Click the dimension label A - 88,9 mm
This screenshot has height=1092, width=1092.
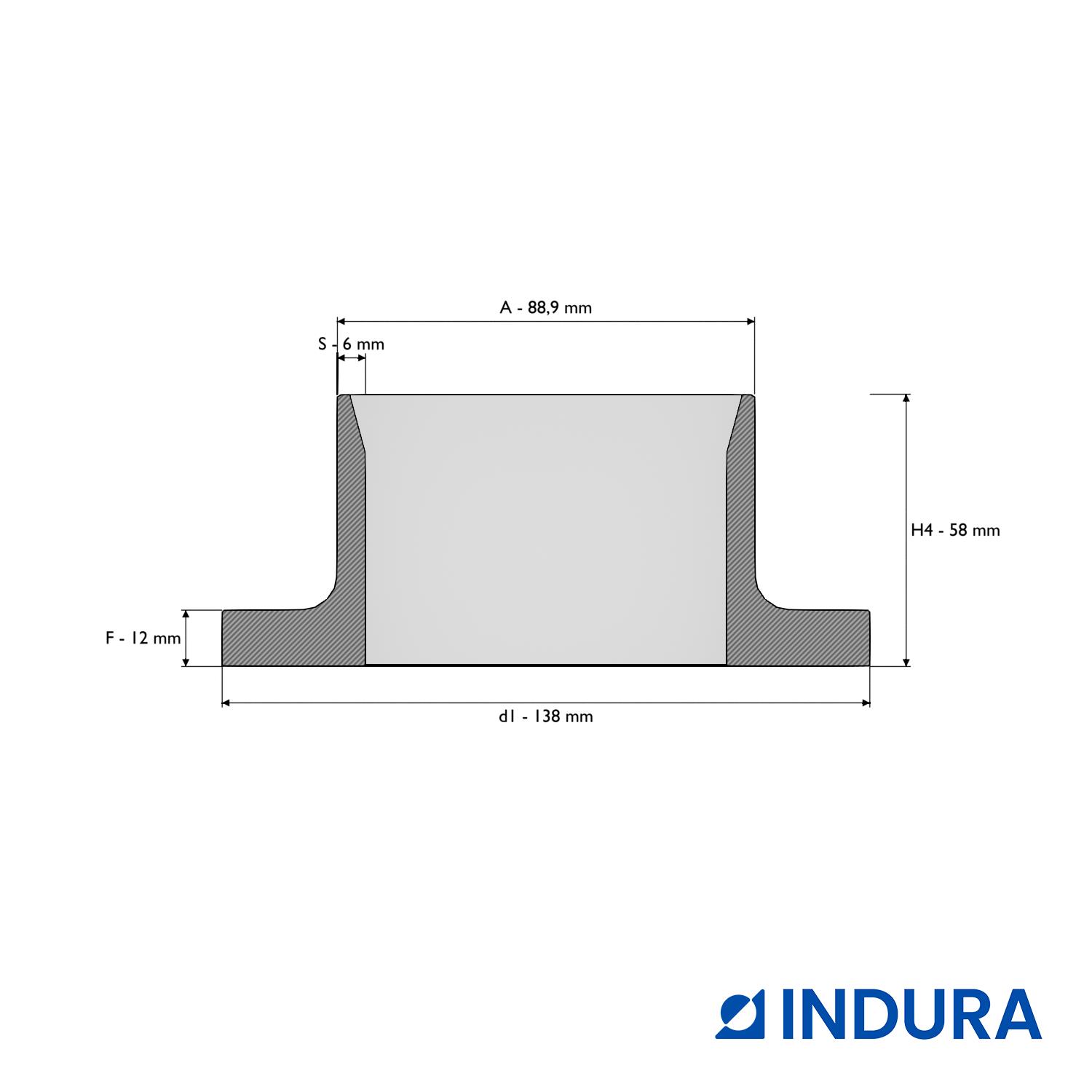[546, 307]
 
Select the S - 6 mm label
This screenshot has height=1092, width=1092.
[351, 344]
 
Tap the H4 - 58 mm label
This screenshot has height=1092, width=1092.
[955, 530]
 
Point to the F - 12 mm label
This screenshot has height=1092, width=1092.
[143, 638]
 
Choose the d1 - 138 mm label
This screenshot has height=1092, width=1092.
[546, 716]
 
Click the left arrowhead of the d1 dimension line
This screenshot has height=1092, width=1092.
[226, 703]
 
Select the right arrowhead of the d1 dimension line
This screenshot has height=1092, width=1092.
[866, 703]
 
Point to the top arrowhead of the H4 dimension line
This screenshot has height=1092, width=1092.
[906, 399]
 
